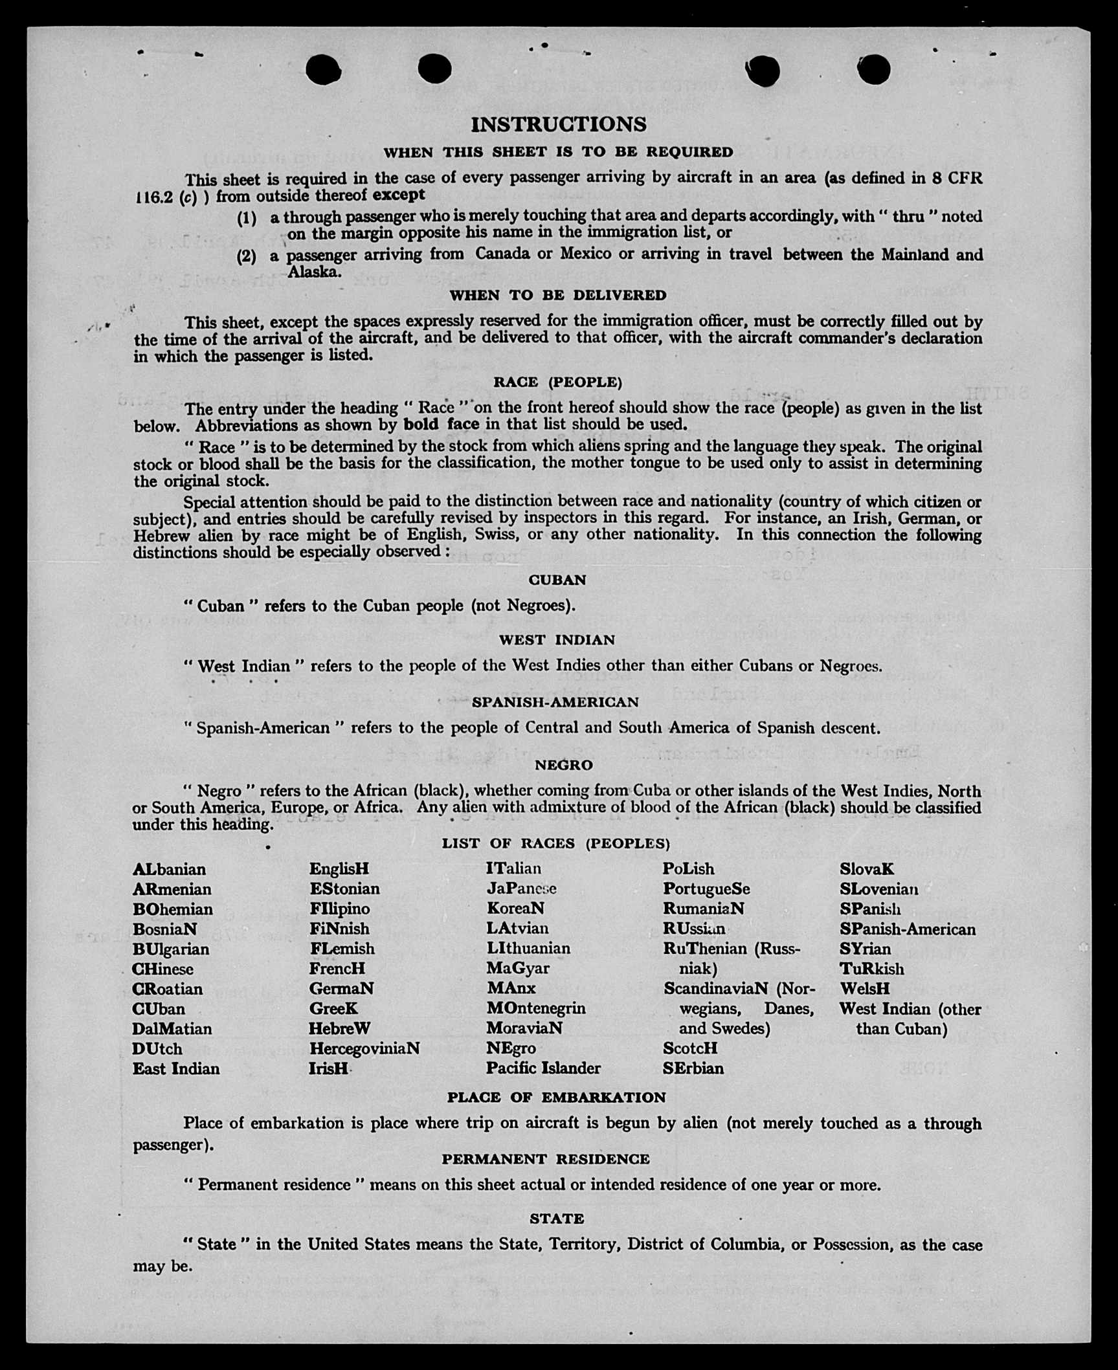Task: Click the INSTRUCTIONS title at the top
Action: (558, 124)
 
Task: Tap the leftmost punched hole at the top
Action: (323, 69)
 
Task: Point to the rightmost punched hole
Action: (874, 69)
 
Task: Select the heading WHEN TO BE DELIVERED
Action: (558, 296)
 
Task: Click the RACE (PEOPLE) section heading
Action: (557, 382)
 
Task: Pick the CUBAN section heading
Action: (557, 580)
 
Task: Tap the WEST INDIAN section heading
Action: (557, 640)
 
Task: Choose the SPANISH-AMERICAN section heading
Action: (555, 702)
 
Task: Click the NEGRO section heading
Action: (563, 765)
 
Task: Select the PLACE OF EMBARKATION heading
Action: (556, 1098)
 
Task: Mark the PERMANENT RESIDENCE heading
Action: (546, 1159)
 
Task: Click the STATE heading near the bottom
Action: (557, 1219)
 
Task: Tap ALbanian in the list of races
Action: (169, 869)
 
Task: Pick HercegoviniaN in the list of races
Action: (364, 1048)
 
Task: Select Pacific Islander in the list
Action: (543, 1068)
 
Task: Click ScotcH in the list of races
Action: (690, 1048)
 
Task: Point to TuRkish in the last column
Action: (871, 969)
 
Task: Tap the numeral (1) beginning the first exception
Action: (246, 218)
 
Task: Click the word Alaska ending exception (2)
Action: (314, 272)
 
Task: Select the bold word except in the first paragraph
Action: (399, 195)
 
